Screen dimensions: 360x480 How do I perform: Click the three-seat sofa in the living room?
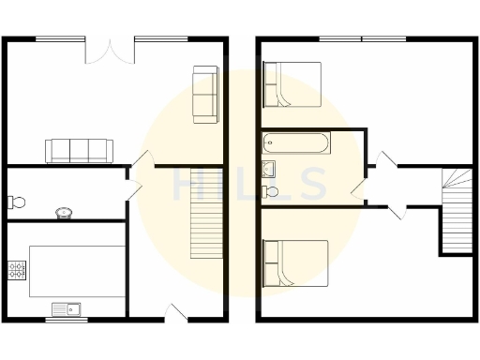(80, 149)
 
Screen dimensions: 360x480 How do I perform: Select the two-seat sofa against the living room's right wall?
(205, 94)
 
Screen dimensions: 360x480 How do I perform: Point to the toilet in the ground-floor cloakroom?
(15, 201)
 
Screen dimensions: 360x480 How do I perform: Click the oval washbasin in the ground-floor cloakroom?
(64, 212)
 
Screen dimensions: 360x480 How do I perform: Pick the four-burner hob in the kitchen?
(17, 270)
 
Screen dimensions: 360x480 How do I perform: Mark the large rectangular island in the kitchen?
(77, 272)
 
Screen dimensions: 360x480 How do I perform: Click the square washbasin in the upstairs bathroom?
(268, 169)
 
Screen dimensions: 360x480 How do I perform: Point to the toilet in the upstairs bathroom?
(271, 191)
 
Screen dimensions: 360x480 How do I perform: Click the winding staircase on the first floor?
(457, 210)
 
